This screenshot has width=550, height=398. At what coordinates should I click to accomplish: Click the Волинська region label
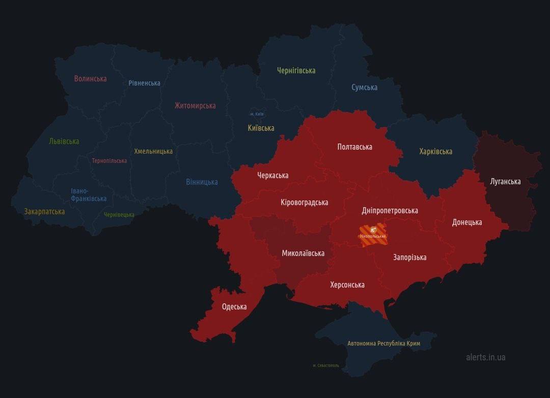[90, 78]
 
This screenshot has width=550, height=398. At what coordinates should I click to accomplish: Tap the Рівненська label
[144, 83]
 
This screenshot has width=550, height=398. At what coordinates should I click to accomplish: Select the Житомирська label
[195, 106]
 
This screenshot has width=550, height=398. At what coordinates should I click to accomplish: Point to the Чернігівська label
[296, 71]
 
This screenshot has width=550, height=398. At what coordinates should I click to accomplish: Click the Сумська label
[364, 88]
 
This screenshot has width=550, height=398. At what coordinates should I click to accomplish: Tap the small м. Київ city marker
[256, 113]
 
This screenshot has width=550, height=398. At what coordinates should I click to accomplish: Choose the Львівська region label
[64, 141]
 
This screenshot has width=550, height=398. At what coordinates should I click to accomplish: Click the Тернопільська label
[109, 161]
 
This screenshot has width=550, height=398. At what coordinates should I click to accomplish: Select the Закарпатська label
[44, 211]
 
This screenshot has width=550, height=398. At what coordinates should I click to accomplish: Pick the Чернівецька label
[119, 215]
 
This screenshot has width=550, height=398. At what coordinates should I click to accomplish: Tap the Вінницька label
[202, 182]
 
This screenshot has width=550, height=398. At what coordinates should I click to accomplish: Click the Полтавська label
[354, 147]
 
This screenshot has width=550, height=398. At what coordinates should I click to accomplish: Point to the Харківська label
[435, 152]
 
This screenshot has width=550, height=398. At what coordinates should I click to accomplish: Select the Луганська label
[505, 182]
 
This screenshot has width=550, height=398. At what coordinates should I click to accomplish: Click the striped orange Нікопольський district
[373, 235]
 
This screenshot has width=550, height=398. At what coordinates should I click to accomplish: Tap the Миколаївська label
[303, 253]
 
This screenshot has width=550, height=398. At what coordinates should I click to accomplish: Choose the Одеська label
[234, 307]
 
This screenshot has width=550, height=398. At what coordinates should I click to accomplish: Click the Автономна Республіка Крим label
[383, 344]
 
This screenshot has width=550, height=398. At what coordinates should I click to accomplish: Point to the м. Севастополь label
[325, 365]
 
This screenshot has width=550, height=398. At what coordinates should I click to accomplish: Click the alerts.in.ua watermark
[485, 357]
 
